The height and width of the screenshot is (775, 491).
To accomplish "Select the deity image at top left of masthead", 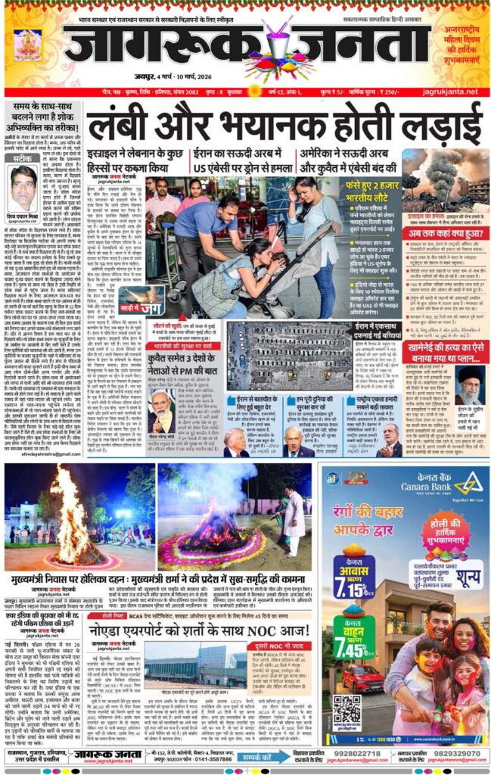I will pyautogui.click(x=28, y=45).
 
